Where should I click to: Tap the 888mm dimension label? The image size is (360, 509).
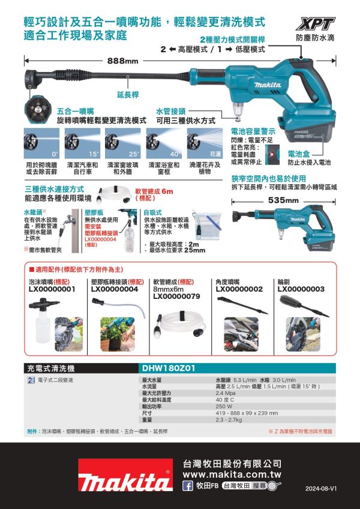tap(123, 61)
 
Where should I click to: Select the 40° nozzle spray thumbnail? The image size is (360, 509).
tap(163, 143)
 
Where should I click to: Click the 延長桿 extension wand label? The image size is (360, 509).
tap(128, 95)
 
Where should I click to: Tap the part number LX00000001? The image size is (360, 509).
tap(52, 289)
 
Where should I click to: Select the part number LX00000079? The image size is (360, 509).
tap(176, 296)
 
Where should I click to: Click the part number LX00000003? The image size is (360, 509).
tap(301, 289)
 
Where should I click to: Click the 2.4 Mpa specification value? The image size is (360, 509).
tap(225, 394)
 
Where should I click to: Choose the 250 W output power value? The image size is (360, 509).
tap(223, 406)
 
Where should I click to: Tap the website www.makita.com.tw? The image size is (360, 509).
tap(232, 474)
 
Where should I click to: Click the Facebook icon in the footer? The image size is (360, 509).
tap(187, 486)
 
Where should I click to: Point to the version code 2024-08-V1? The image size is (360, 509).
tap(321, 489)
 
